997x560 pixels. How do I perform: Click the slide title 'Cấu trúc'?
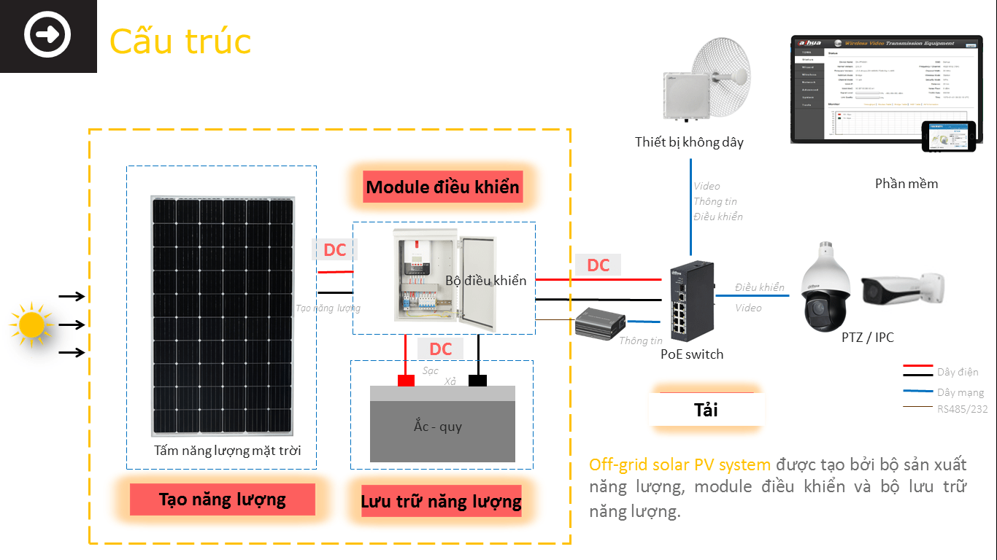[180, 42]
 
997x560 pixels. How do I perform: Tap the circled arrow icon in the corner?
[47, 35]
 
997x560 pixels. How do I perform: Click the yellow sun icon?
[31, 325]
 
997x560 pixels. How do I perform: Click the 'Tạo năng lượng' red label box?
[223, 499]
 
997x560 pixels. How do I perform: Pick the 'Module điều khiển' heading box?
[443, 187]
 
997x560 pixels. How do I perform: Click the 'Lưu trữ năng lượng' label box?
[441, 502]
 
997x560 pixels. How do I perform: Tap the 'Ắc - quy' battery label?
[438, 426]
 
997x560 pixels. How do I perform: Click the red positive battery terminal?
[405, 380]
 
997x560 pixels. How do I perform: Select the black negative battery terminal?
[478, 380]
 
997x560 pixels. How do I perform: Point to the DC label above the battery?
[440, 349]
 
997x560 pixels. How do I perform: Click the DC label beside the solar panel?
[334, 250]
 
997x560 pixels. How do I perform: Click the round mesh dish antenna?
[720, 77]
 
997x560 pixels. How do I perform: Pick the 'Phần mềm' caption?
[906, 184]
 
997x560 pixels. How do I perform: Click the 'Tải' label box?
[706, 410]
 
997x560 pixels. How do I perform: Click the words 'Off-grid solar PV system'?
[680, 464]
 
